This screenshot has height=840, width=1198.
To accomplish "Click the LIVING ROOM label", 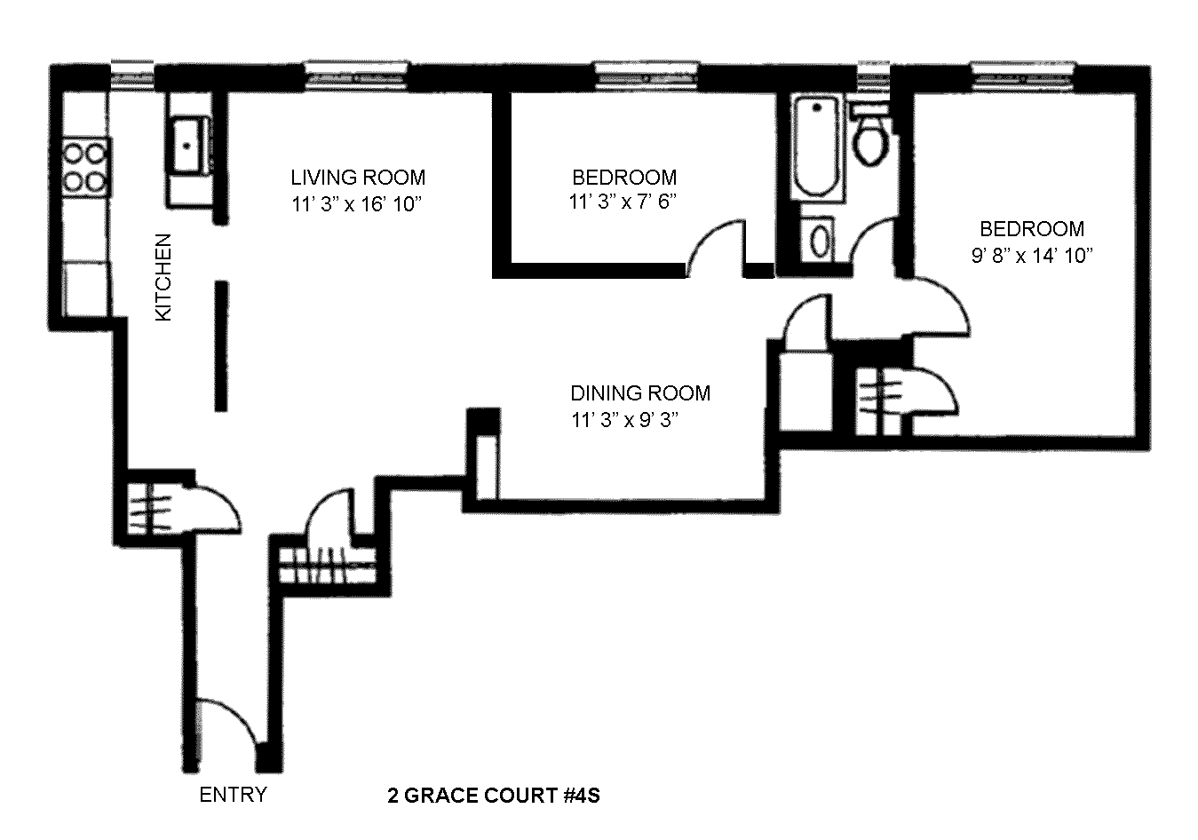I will click(x=358, y=178).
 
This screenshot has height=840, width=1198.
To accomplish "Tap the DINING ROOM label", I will click(x=639, y=392).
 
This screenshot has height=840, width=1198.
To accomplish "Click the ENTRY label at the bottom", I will click(x=233, y=794).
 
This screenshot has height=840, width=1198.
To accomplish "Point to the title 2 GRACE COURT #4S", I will click(x=494, y=795).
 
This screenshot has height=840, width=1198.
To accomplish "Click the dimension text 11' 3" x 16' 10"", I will click(x=355, y=204).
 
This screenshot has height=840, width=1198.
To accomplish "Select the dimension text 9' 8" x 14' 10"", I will click(x=1030, y=256).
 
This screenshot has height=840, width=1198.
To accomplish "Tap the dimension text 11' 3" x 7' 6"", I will click(x=623, y=202).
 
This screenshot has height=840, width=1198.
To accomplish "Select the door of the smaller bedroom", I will click(x=718, y=245).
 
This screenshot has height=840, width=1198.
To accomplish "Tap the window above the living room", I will click(x=357, y=74).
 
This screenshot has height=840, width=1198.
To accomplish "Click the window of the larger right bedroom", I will click(x=1022, y=74).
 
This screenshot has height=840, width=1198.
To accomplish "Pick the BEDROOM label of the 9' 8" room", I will click(x=1031, y=229).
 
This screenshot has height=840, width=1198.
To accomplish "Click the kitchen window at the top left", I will click(x=133, y=74).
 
